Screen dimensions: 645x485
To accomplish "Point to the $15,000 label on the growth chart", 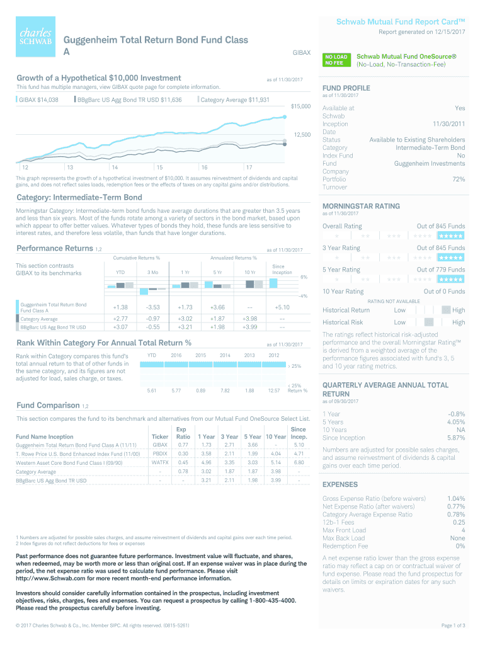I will (x=302, y=106).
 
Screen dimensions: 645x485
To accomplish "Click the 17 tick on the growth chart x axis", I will (x=249, y=167).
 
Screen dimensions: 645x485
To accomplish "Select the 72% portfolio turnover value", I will (x=459, y=180).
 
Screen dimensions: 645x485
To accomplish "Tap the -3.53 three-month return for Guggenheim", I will (x=153, y=307).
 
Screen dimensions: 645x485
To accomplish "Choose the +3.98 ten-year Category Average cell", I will (x=249, y=319).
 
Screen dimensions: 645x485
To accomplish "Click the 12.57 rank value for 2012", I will (x=273, y=391).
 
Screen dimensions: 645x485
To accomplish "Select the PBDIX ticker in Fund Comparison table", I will (x=160, y=453).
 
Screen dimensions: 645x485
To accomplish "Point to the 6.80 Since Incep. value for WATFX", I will (x=299, y=462).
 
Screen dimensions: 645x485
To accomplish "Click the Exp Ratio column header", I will (x=183, y=433).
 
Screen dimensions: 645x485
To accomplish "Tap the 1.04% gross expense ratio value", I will (x=455, y=498).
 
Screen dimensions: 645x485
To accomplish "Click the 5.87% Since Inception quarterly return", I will (x=455, y=438).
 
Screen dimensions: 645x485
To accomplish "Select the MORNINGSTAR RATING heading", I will (x=360, y=206).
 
